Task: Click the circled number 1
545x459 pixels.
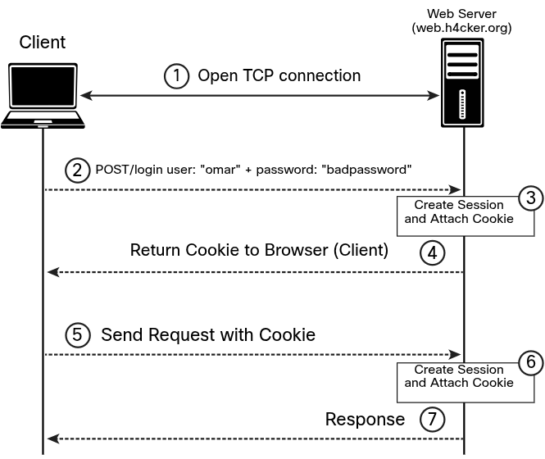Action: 176,76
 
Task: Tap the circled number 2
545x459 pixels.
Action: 77,170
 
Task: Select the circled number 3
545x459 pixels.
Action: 531,198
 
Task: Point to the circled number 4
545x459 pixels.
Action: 432,252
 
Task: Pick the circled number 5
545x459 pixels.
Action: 77,336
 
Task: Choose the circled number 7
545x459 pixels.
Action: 432,420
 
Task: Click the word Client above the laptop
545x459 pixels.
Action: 43,43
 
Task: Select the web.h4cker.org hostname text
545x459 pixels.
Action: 461,28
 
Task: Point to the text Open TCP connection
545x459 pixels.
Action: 279,76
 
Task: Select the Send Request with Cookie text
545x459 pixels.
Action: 207,335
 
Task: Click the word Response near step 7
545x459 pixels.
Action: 365,420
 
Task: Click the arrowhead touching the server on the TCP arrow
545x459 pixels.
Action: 434,97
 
